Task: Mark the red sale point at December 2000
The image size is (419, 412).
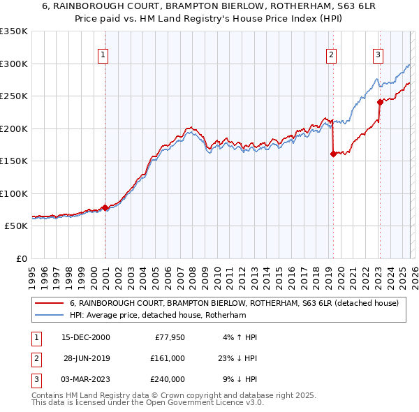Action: tap(105, 207)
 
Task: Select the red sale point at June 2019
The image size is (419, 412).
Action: tap(333, 154)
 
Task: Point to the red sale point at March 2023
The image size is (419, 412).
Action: tap(380, 102)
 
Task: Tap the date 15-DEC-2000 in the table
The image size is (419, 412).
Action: tap(85, 337)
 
